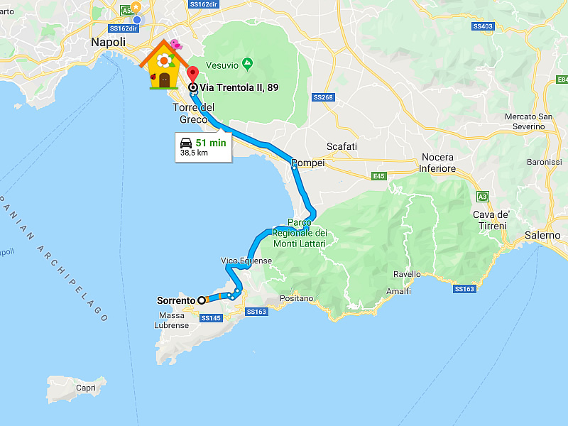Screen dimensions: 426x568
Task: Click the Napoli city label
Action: (108, 43)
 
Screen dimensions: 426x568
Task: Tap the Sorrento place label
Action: (175, 300)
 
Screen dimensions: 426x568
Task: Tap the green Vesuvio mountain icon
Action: (247, 64)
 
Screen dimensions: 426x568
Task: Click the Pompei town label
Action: (308, 163)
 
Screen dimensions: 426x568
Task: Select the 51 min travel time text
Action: (211, 142)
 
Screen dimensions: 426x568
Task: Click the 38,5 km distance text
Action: (194, 153)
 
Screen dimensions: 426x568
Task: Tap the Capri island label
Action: (86, 388)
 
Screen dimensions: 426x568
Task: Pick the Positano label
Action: (297, 298)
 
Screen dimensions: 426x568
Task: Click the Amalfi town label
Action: (398, 291)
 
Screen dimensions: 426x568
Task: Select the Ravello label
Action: (408, 274)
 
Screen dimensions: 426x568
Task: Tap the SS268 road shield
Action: (322, 97)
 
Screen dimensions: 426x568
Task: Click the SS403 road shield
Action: (482, 26)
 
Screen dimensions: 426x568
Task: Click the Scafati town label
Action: (342, 146)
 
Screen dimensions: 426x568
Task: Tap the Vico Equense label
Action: (246, 261)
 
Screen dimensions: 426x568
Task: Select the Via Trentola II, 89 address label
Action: (238, 87)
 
